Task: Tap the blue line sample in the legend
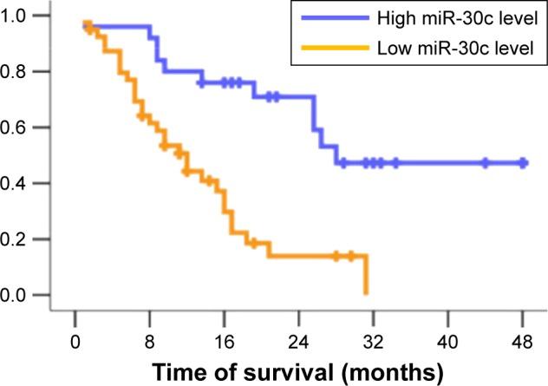tap(330, 18)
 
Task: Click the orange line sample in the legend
tap(330, 47)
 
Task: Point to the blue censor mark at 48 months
tap(523, 163)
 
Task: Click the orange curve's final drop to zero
tap(367, 276)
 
